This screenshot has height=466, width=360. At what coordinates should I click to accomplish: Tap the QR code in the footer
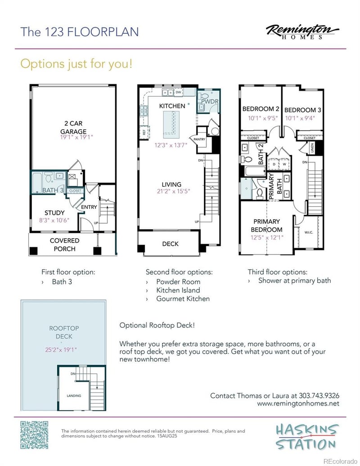pyautogui.click(x=34, y=435)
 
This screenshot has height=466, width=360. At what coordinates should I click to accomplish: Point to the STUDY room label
pyautogui.click(x=54, y=213)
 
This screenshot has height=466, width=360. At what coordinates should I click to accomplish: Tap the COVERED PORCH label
pyautogui.click(x=64, y=244)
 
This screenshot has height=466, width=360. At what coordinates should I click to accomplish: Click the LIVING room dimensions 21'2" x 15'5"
pyautogui.click(x=171, y=191)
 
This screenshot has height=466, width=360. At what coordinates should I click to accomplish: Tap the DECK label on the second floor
pyautogui.click(x=170, y=244)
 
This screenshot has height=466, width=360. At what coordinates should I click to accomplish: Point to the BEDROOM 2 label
pyautogui.click(x=261, y=109)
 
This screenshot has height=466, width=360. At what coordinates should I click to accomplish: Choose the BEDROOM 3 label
pyautogui.click(x=303, y=109)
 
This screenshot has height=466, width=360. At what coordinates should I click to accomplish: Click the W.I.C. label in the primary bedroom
pyautogui.click(x=308, y=233)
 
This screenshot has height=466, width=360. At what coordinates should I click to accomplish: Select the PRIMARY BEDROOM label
pyautogui.click(x=266, y=225)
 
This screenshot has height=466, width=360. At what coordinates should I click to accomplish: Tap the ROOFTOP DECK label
pyautogui.click(x=61, y=332)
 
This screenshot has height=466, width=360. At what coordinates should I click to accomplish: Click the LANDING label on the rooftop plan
pyautogui.click(x=74, y=396)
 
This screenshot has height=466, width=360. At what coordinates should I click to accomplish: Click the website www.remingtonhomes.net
pyautogui.click(x=298, y=404)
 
